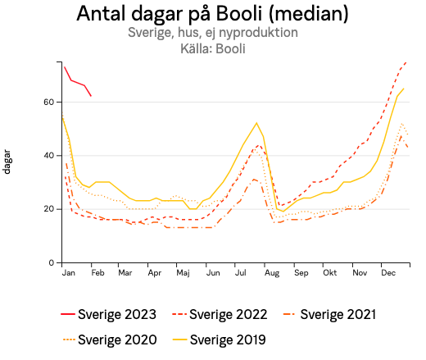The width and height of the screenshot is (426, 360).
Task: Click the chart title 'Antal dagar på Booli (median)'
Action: click(x=212, y=14)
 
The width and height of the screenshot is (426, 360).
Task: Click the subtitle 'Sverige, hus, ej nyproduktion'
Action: click(x=212, y=34)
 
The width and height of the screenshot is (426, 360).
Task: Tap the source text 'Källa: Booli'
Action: click(x=212, y=49)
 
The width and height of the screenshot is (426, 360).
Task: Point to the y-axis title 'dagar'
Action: click(x=7, y=162)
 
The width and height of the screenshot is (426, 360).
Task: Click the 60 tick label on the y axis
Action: click(x=48, y=102)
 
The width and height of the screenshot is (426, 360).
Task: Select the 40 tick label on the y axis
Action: click(x=48, y=156)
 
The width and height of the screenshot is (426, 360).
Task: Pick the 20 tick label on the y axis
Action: click(x=48, y=209)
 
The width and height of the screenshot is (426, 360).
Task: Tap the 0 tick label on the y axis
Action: click(x=51, y=262)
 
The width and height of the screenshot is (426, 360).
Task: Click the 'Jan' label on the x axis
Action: click(x=68, y=272)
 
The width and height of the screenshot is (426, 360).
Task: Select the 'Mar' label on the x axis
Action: click(x=125, y=272)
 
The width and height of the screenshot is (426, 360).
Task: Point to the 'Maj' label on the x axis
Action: click(x=184, y=272)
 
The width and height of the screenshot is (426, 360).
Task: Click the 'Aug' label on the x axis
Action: click(x=271, y=272)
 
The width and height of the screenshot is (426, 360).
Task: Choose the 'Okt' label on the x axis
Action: click(x=329, y=272)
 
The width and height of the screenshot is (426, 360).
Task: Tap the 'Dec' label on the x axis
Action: click(x=387, y=272)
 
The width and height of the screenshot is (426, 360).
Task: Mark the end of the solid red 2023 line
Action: click(x=91, y=96)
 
